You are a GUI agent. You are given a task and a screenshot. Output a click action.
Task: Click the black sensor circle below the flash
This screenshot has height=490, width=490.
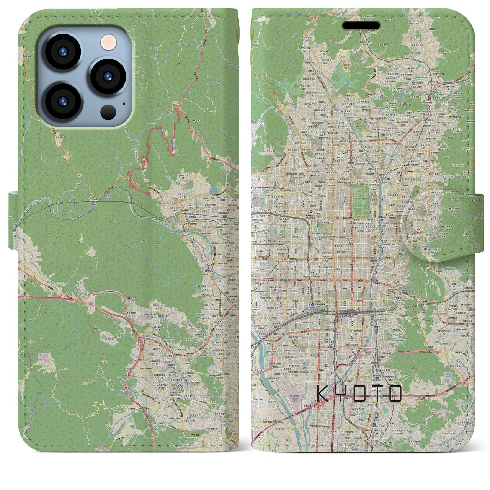pos(108,112)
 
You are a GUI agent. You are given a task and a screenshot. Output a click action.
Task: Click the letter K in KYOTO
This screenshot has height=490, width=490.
pos(323,394)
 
